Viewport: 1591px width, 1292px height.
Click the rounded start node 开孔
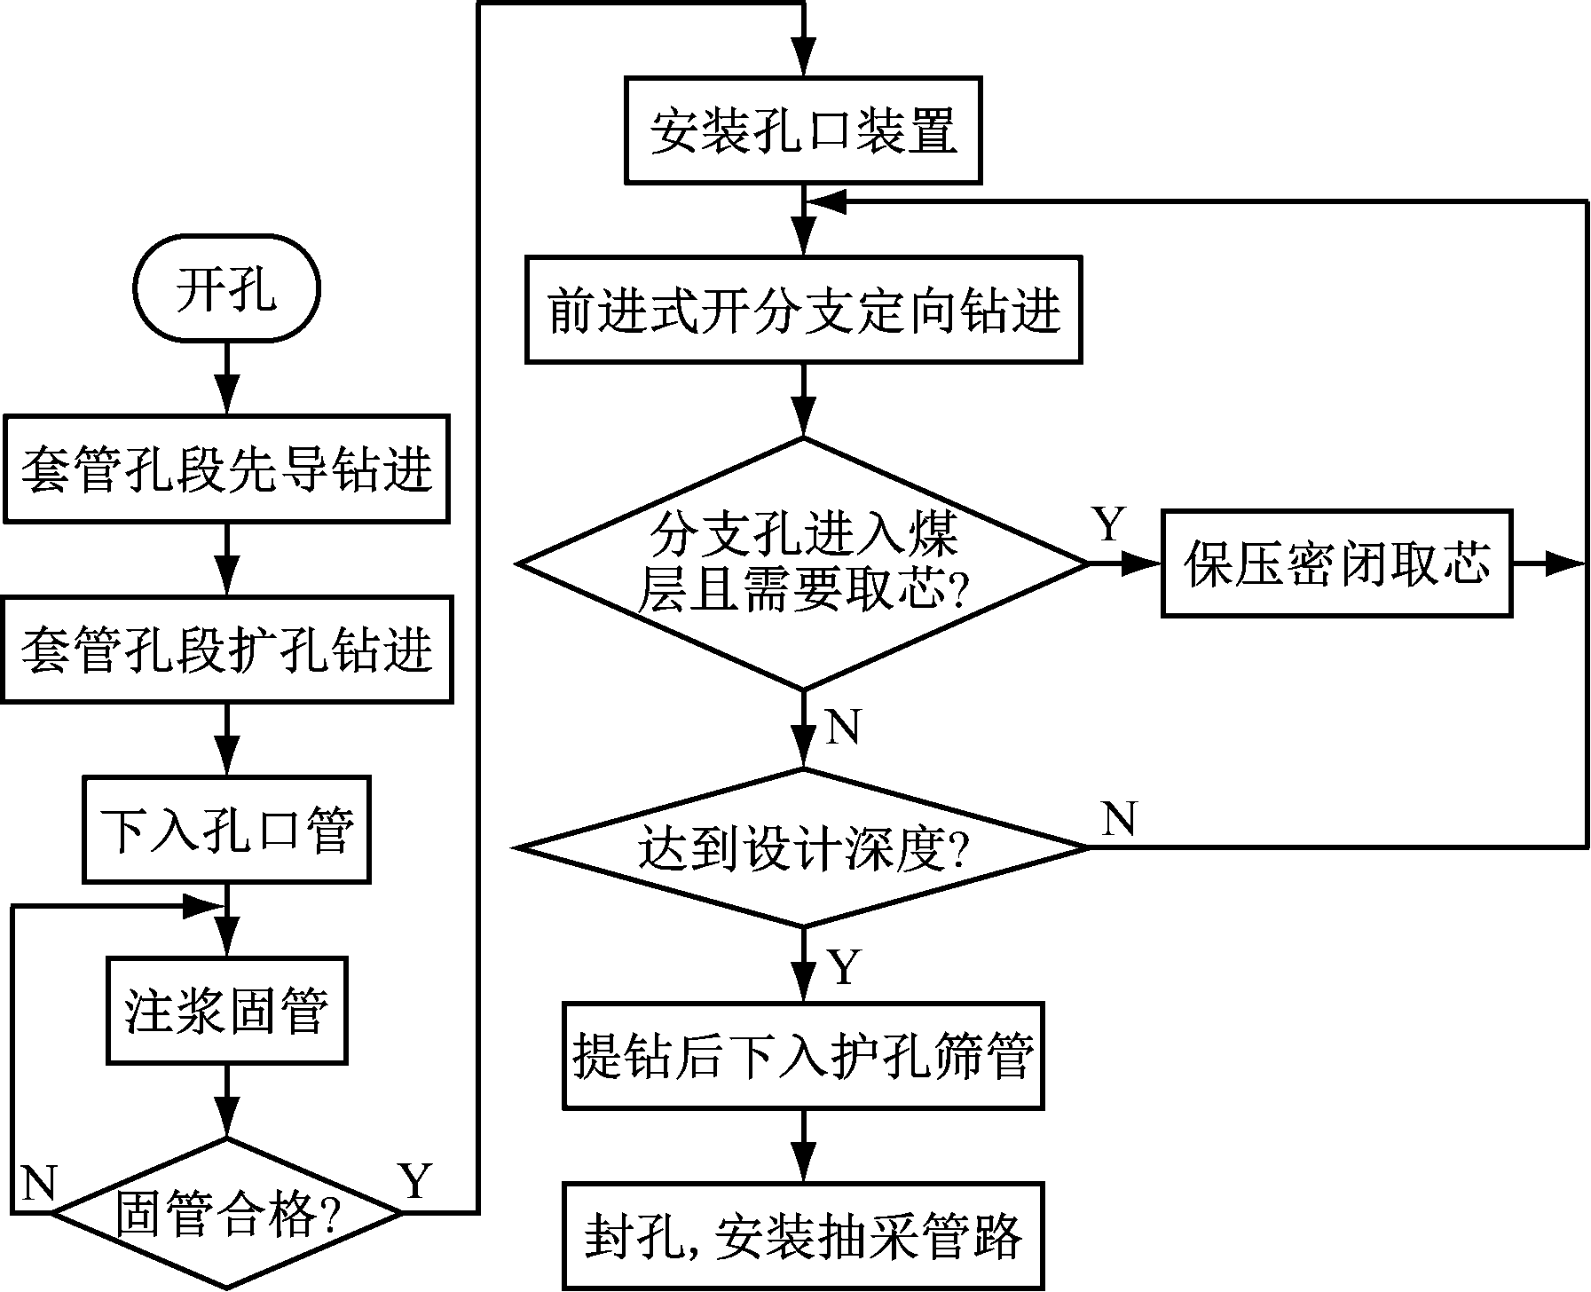226,288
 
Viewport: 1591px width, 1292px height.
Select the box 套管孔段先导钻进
226,469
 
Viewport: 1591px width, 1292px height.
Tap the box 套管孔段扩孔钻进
226,650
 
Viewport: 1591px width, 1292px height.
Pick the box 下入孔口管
226,830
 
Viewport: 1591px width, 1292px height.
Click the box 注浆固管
226,1011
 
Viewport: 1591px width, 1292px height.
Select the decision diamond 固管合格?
226,1213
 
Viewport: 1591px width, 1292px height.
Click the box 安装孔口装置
804,131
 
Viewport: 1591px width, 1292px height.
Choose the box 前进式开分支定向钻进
804,311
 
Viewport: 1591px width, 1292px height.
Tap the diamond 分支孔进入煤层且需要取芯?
804,563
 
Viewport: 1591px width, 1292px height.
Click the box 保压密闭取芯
1336,563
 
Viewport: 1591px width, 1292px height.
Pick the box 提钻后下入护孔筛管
804,1056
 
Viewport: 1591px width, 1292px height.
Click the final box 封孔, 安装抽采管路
804,1235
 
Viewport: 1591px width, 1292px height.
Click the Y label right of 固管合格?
415,1180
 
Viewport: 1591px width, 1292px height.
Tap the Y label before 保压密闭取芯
1109,525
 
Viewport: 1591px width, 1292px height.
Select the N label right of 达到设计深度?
1120,818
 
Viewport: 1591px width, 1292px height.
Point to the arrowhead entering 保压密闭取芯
1145,563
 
